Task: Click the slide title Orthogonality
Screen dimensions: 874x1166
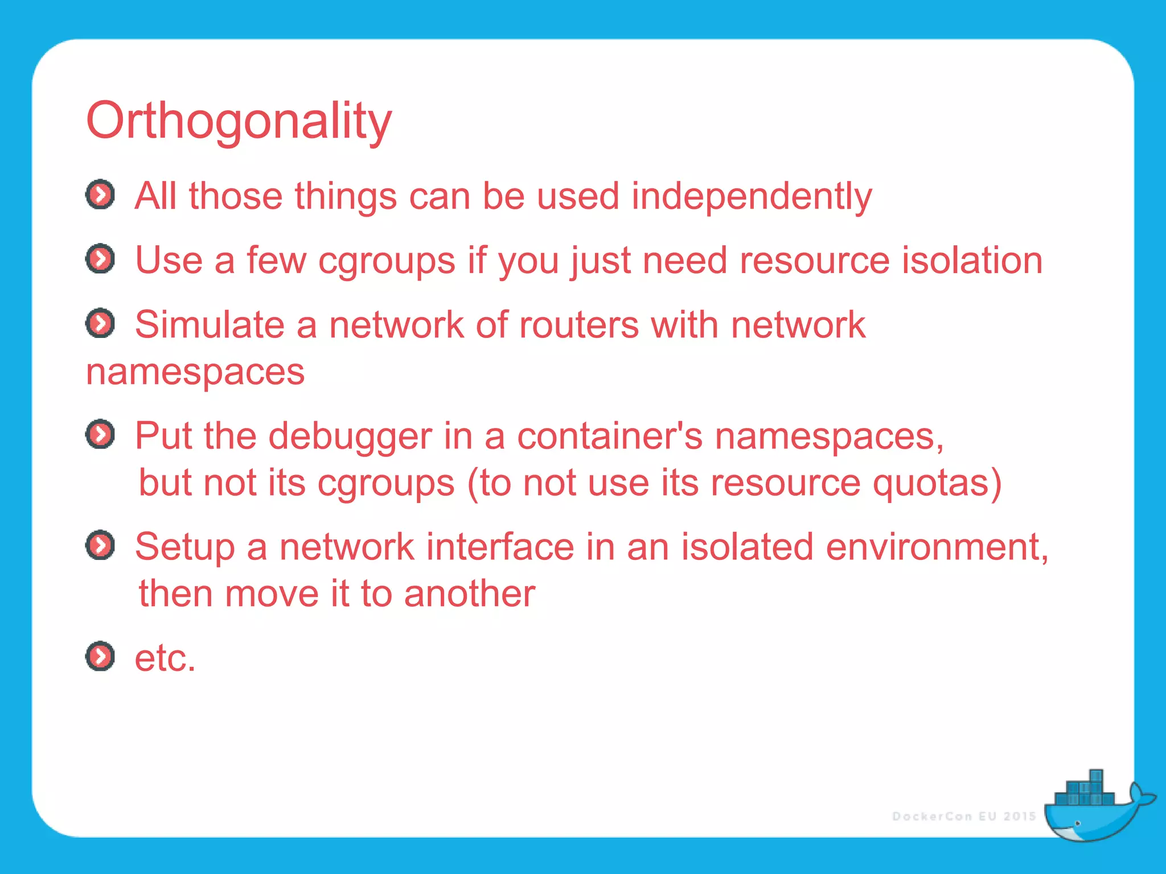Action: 239,121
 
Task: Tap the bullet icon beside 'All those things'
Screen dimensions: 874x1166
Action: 100,195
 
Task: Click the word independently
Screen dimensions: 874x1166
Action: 752,196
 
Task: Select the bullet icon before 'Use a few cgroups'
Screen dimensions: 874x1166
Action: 100,259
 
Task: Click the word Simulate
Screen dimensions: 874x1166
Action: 209,324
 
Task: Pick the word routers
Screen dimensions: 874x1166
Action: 578,325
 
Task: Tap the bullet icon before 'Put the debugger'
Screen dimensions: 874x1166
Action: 100,435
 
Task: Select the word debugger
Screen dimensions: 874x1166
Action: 350,436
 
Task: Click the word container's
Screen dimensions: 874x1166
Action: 610,436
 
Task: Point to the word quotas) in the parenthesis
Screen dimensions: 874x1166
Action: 937,483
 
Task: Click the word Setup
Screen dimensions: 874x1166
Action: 184,547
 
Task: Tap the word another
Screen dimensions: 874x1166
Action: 469,593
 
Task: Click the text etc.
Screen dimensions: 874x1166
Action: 165,658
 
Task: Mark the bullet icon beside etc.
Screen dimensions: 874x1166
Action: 100,656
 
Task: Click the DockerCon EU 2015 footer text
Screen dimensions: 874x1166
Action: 963,816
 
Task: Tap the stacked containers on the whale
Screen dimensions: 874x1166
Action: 1084,790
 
